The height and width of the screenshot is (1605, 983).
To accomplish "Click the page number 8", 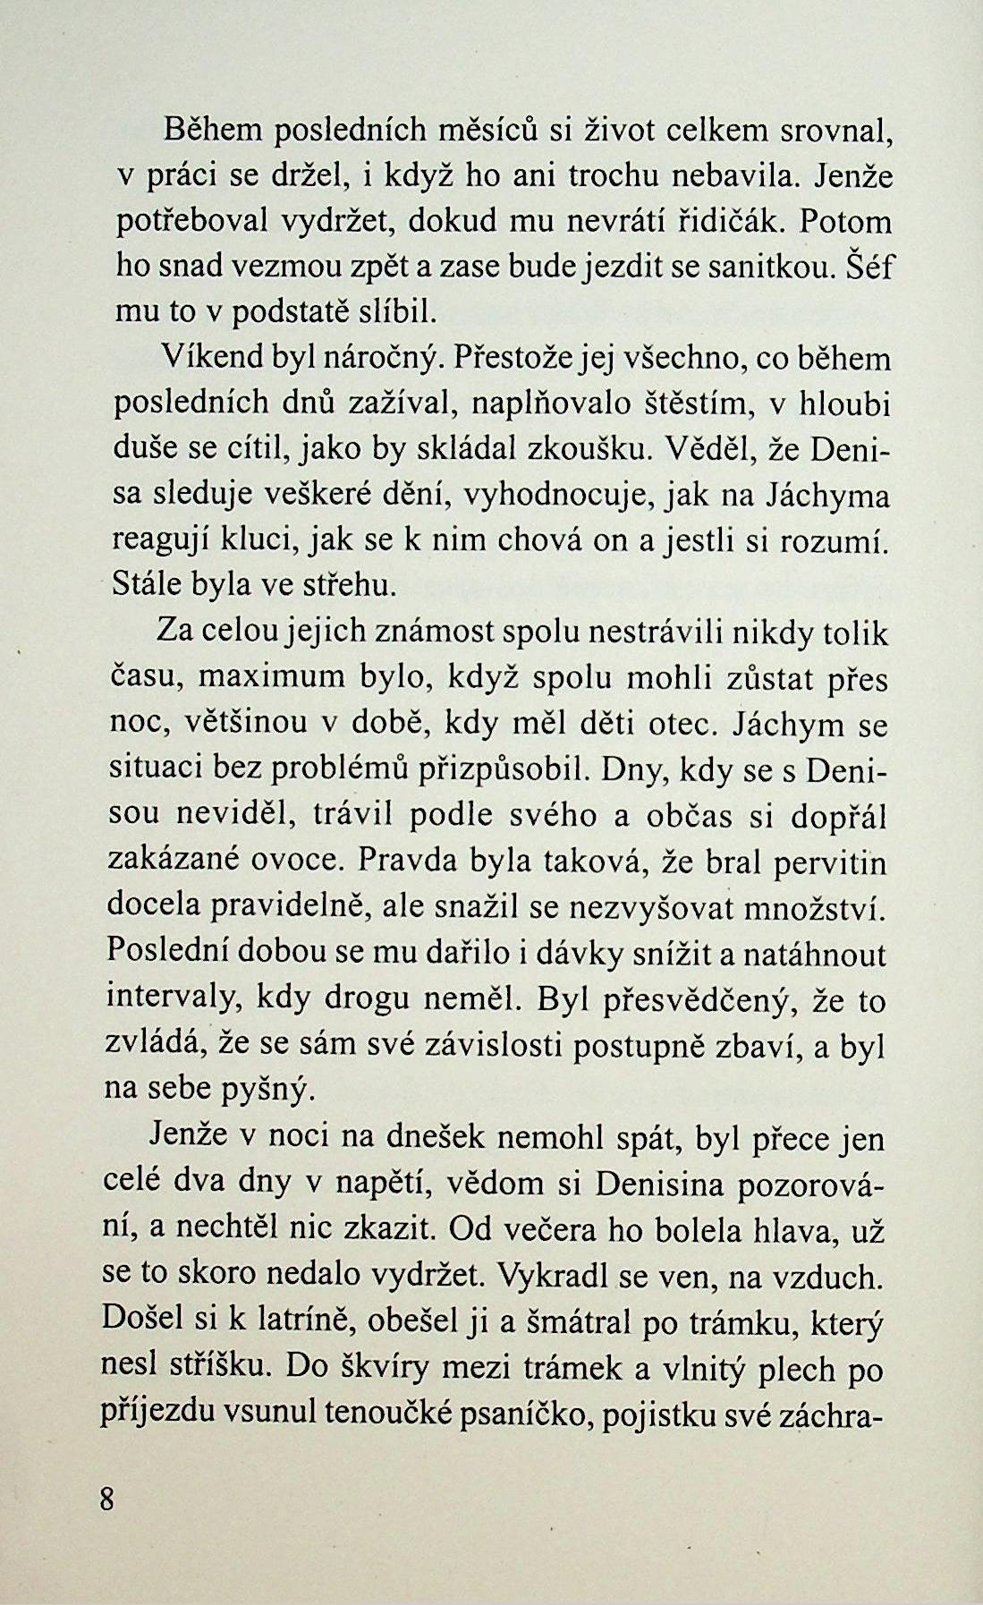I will point(107,1499).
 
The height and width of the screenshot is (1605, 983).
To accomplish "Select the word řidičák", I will point(720,221).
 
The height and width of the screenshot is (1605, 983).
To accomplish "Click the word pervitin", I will point(829,862).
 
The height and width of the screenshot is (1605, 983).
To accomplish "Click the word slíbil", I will point(395,312).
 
